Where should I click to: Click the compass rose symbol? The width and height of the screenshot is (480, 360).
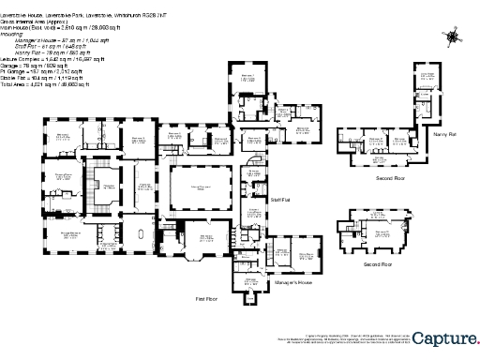(x=454, y=37)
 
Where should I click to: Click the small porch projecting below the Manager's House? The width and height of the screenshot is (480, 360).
(x=248, y=297)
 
